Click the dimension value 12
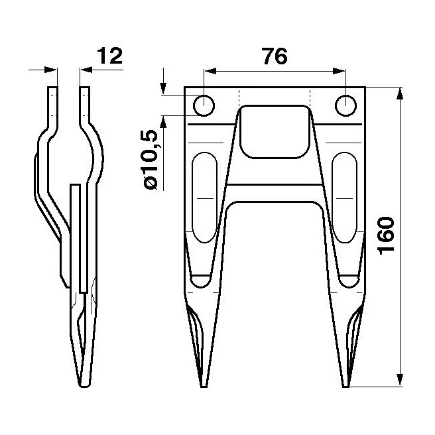[x=109, y=56]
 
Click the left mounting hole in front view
[x=204, y=105]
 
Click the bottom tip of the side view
[x=84, y=385]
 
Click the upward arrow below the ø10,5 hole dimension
[x=163, y=121]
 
